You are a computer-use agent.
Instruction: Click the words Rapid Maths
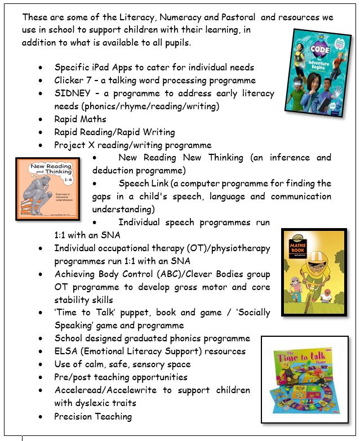point(80,119)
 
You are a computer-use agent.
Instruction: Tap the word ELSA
point(66,351)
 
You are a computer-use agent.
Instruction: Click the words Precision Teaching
point(93,416)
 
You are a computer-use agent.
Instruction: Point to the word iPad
point(100,67)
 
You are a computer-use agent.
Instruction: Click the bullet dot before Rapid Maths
point(41,119)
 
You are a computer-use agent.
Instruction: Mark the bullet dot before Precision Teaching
point(41,417)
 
